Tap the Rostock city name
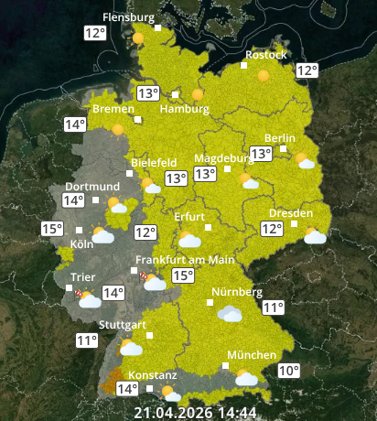(x=265, y=55)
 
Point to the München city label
(x=252, y=355)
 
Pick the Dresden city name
(x=291, y=212)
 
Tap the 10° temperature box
(x=288, y=371)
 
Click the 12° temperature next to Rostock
(x=306, y=70)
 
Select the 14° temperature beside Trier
(x=113, y=294)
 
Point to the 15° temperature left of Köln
(x=52, y=229)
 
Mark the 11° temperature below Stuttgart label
(x=87, y=340)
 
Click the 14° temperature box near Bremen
(x=75, y=124)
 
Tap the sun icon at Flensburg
(x=138, y=39)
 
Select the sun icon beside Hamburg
(x=198, y=94)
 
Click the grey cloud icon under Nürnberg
(x=230, y=314)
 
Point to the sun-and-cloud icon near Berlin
(x=305, y=161)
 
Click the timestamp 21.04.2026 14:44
(x=194, y=412)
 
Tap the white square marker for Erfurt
(x=209, y=227)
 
